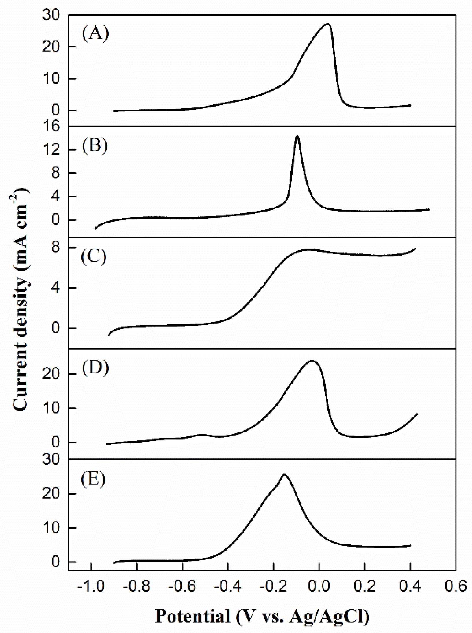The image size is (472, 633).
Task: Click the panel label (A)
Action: [x=95, y=34]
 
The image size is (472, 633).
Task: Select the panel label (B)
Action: [x=95, y=146]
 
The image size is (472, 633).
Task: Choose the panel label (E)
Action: [x=93, y=480]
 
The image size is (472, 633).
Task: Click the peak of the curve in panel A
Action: [x=327, y=24]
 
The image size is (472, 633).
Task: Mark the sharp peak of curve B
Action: [x=297, y=136]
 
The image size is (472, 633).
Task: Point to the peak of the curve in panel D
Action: [x=312, y=361]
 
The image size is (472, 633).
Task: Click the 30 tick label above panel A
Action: [x=51, y=14]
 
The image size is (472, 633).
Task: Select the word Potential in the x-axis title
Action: [x=192, y=616]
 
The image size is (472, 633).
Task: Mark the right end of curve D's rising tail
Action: [x=417, y=414]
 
